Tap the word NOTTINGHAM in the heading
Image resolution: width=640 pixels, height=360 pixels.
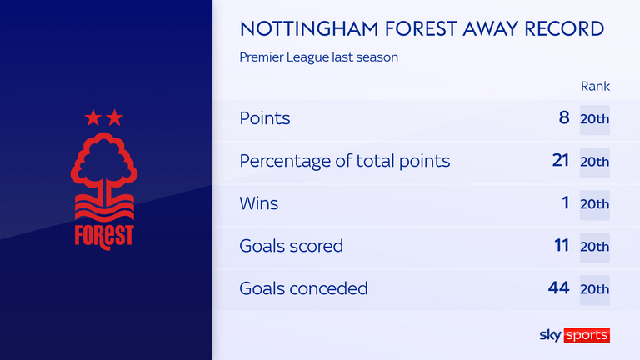click(x=309, y=28)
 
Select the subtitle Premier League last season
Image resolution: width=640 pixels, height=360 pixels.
click(x=319, y=57)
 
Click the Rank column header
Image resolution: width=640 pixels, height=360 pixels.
click(x=595, y=86)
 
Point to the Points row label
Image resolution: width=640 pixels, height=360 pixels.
click(x=265, y=118)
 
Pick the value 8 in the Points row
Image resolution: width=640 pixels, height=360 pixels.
click(x=564, y=117)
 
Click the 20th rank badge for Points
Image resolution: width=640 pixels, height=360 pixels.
click(x=595, y=120)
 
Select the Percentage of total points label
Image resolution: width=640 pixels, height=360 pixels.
click(x=345, y=161)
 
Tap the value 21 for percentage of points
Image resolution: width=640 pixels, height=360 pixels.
click(x=561, y=160)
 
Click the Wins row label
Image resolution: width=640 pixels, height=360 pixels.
click(x=259, y=203)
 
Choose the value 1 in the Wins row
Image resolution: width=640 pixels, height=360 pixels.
click(x=565, y=202)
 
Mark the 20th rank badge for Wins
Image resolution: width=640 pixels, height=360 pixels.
click(x=595, y=204)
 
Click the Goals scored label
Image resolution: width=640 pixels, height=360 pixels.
click(x=292, y=246)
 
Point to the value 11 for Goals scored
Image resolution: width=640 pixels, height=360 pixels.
click(x=562, y=245)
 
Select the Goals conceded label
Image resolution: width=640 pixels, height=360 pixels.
click(x=303, y=288)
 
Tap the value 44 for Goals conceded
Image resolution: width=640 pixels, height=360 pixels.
click(x=559, y=287)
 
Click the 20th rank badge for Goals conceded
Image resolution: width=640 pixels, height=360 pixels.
click(x=595, y=290)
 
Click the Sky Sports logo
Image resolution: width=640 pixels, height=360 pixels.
click(x=575, y=335)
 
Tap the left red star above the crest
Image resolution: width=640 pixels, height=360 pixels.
click(x=93, y=117)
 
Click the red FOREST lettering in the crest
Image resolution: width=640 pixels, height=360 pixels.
click(x=104, y=237)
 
